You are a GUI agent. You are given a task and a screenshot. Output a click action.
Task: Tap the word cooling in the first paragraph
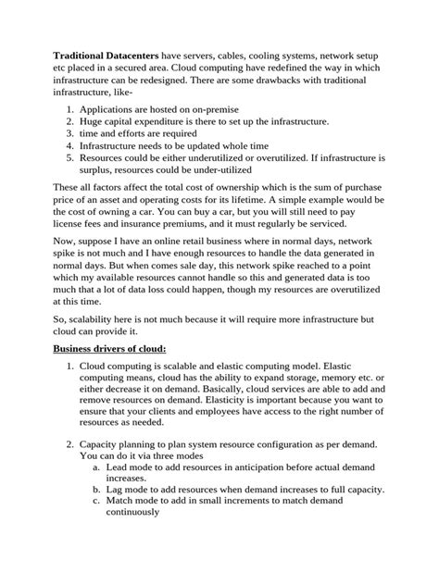pyautogui.click(x=261, y=55)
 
